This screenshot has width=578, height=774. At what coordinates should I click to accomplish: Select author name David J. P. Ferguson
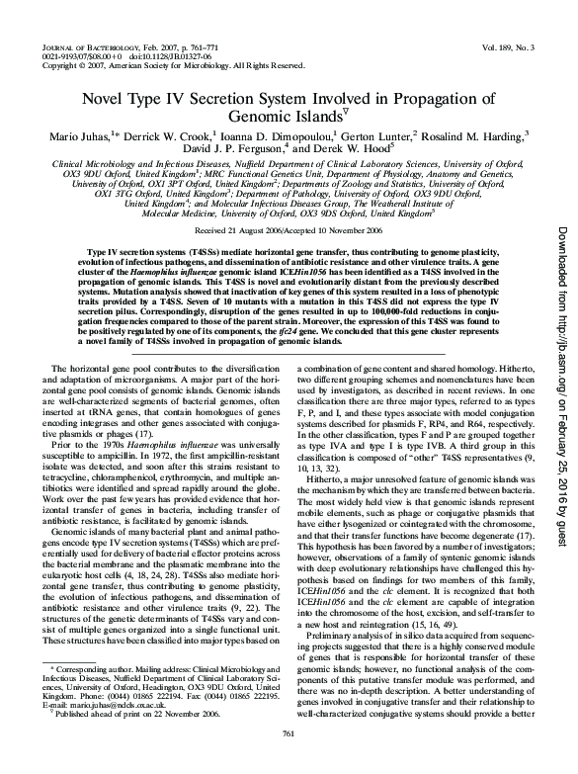point(242,147)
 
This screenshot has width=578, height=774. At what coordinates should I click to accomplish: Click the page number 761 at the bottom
point(289,759)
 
